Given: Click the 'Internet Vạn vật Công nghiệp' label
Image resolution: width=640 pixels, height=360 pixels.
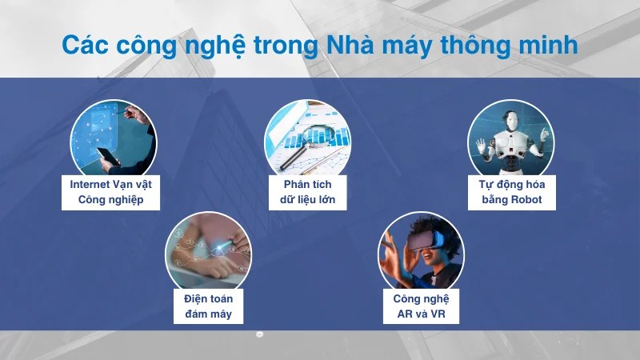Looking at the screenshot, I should [110, 192].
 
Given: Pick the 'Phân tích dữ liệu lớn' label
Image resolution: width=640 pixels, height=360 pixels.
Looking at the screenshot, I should [307, 192].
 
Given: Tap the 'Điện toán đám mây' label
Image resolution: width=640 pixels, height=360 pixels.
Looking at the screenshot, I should [207, 306].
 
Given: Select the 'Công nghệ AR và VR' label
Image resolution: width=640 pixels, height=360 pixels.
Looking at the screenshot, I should [421, 306].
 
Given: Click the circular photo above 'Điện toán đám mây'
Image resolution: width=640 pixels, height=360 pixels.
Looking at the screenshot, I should [207, 252].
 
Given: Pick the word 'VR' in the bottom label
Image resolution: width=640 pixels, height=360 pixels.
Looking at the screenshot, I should [437, 314].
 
